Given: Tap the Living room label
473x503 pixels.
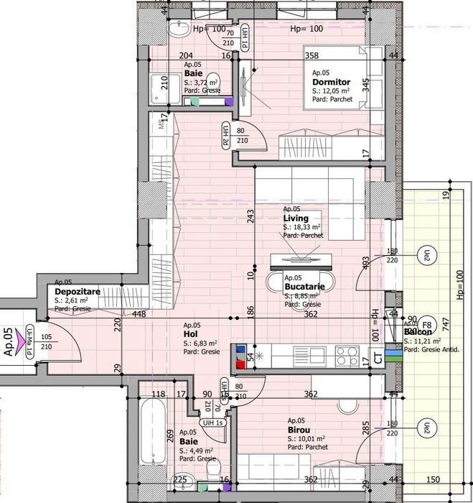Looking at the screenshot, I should point(296,218).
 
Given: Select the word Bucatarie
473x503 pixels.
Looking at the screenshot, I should point(305,287).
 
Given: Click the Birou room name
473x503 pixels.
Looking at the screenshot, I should point(299,430).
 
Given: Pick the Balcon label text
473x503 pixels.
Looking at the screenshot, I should point(418,332).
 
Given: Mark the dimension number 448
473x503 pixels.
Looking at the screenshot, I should point(139,313).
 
